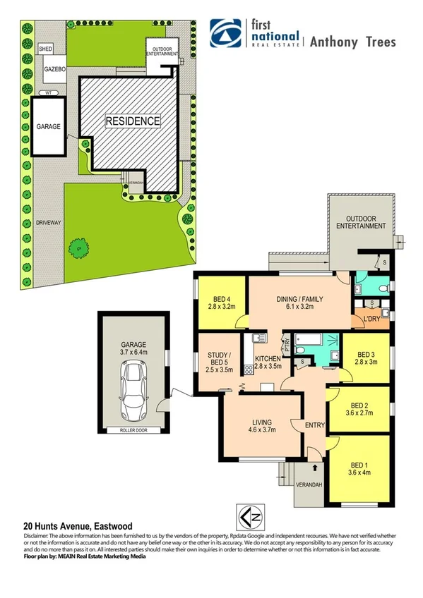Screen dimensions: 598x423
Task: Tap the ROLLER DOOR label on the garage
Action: point(133,429)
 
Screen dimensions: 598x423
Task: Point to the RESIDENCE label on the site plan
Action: point(132,121)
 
